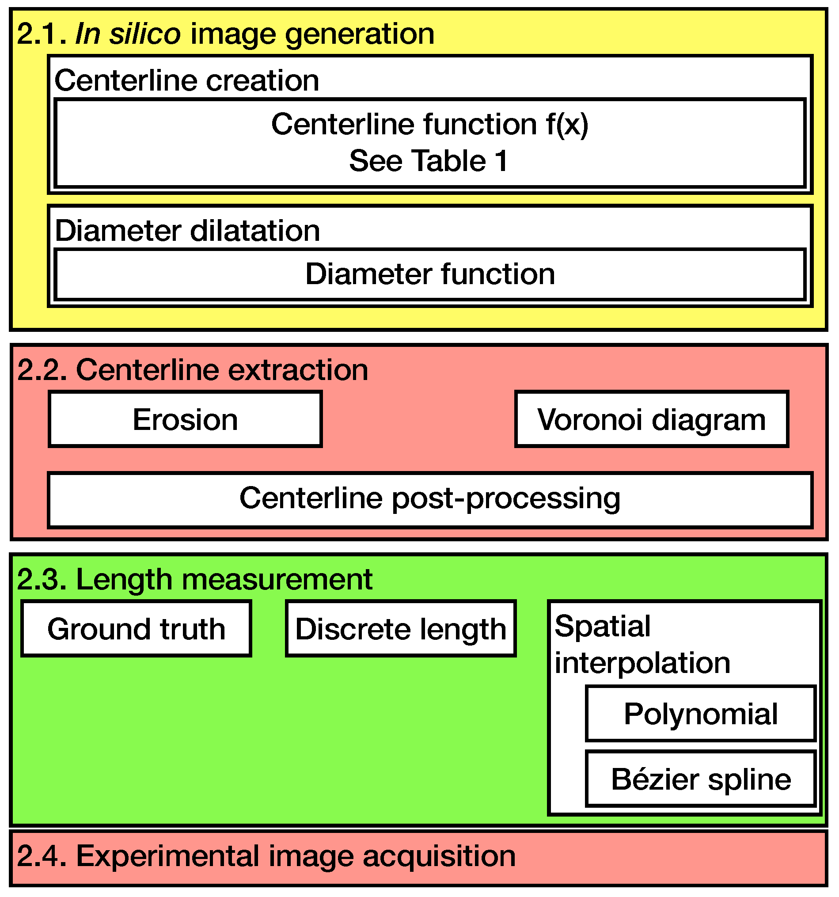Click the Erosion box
pyautogui.click(x=186, y=420)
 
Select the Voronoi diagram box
pyautogui.click(x=652, y=420)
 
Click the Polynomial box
pyautogui.click(x=701, y=714)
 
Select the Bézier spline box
pyautogui.click(x=701, y=779)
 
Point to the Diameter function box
pyautogui.click(x=430, y=274)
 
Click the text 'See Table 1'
pyautogui.click(x=429, y=161)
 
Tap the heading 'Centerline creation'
pyautogui.click(x=187, y=81)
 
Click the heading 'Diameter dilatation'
pyautogui.click(x=187, y=231)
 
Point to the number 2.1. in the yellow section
pyautogui.click(x=41, y=34)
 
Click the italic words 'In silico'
pyautogui.click(x=128, y=34)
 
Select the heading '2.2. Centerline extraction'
pyautogui.click(x=193, y=370)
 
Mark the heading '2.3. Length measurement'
pyautogui.click(x=194, y=580)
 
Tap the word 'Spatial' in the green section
pyautogui.click(x=602, y=627)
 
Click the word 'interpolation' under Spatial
pyautogui.click(x=642, y=663)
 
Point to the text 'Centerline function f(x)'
pyautogui.click(x=429, y=125)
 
